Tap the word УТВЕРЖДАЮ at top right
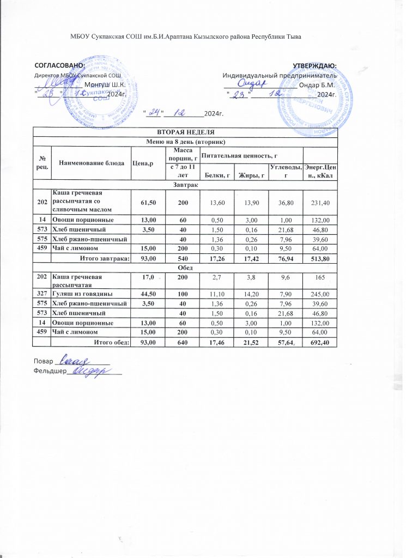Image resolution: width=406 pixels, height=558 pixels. [314, 66]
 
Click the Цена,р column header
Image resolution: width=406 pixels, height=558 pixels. [143, 162]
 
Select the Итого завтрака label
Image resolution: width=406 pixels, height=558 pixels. [104, 258]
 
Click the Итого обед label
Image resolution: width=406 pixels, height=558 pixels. [111, 342]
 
